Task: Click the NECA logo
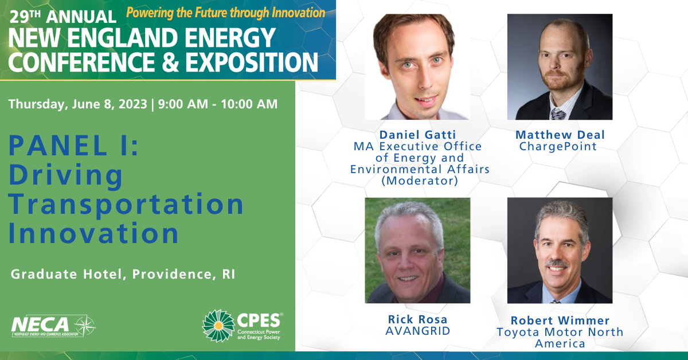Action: pyautogui.click(x=53, y=326)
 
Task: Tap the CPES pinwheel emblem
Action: pyautogui.click(x=218, y=326)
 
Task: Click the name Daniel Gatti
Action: pyautogui.click(x=418, y=135)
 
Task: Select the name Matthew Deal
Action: pyautogui.click(x=560, y=135)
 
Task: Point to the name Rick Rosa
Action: pyautogui.click(x=418, y=319)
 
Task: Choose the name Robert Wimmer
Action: pyautogui.click(x=560, y=320)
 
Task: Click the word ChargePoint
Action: pyautogui.click(x=558, y=147)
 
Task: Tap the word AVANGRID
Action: pyautogui.click(x=418, y=331)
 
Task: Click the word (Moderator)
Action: pyautogui.click(x=420, y=181)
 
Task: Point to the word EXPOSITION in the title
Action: pyautogui.click(x=252, y=62)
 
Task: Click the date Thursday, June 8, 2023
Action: pyautogui.click(x=78, y=104)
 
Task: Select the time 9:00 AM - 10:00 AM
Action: pyautogui.click(x=218, y=104)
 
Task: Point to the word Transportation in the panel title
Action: pyautogui.click(x=126, y=204)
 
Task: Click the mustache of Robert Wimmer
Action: pyautogui.click(x=557, y=264)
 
